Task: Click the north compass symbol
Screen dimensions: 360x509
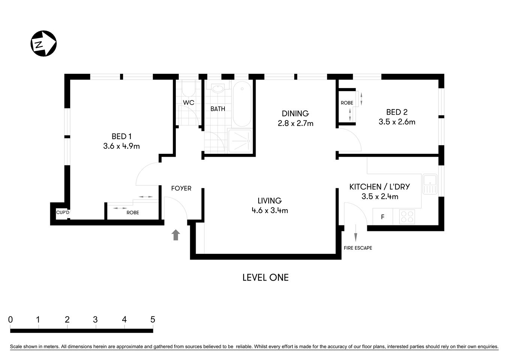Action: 43,43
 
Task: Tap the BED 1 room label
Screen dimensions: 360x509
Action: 121,136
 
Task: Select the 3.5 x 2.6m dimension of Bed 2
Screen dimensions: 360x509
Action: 397,122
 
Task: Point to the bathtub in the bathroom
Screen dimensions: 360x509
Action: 242,105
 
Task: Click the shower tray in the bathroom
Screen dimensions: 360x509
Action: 240,141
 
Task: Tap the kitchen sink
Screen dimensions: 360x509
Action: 430,184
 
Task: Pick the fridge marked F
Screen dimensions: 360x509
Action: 383,217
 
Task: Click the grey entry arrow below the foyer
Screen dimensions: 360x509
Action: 175,235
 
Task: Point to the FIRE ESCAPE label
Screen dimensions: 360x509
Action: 358,248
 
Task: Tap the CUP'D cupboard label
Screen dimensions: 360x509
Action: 63,213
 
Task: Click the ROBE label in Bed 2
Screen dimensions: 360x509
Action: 347,103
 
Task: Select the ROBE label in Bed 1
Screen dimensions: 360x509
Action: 133,213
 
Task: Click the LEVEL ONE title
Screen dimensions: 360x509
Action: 265,277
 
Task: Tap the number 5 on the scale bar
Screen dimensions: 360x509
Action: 153,319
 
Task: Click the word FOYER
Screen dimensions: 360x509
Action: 181,188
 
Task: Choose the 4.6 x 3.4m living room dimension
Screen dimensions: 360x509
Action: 269,211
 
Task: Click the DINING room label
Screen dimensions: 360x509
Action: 295,113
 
